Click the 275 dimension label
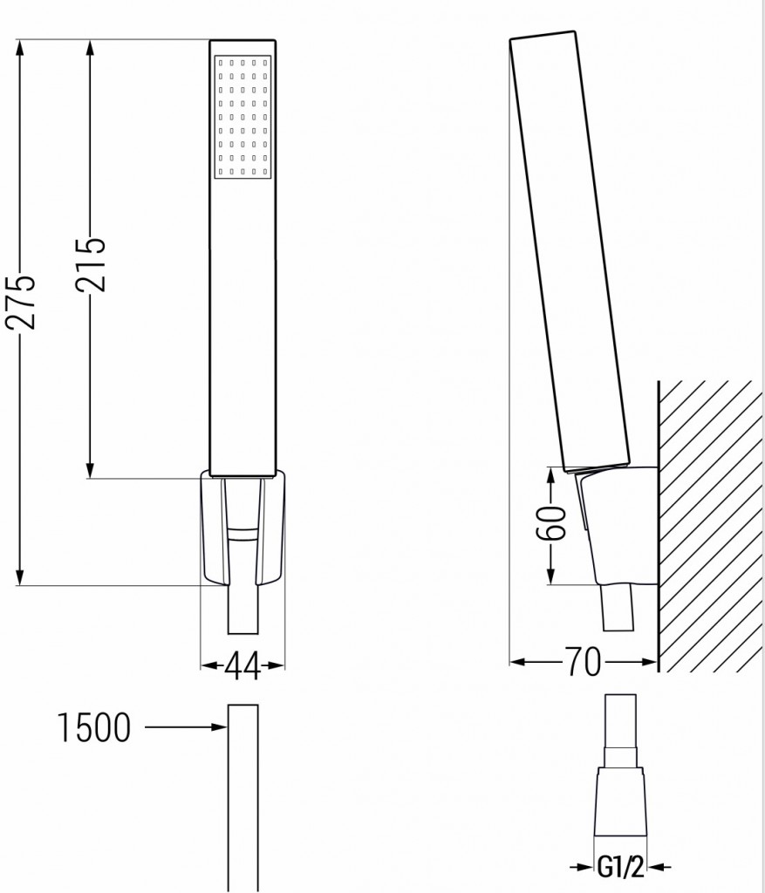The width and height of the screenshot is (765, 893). pyautogui.click(x=21, y=302)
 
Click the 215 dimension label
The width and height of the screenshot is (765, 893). pyautogui.click(x=90, y=265)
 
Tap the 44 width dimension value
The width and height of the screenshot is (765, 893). pyautogui.click(x=242, y=667)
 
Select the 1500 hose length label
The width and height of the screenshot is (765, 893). pyautogui.click(x=94, y=727)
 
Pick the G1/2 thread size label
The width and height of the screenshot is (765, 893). pyautogui.click(x=620, y=869)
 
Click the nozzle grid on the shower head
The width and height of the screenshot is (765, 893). pyautogui.click(x=242, y=118)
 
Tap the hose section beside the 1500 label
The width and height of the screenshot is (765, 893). pyautogui.click(x=243, y=794)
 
